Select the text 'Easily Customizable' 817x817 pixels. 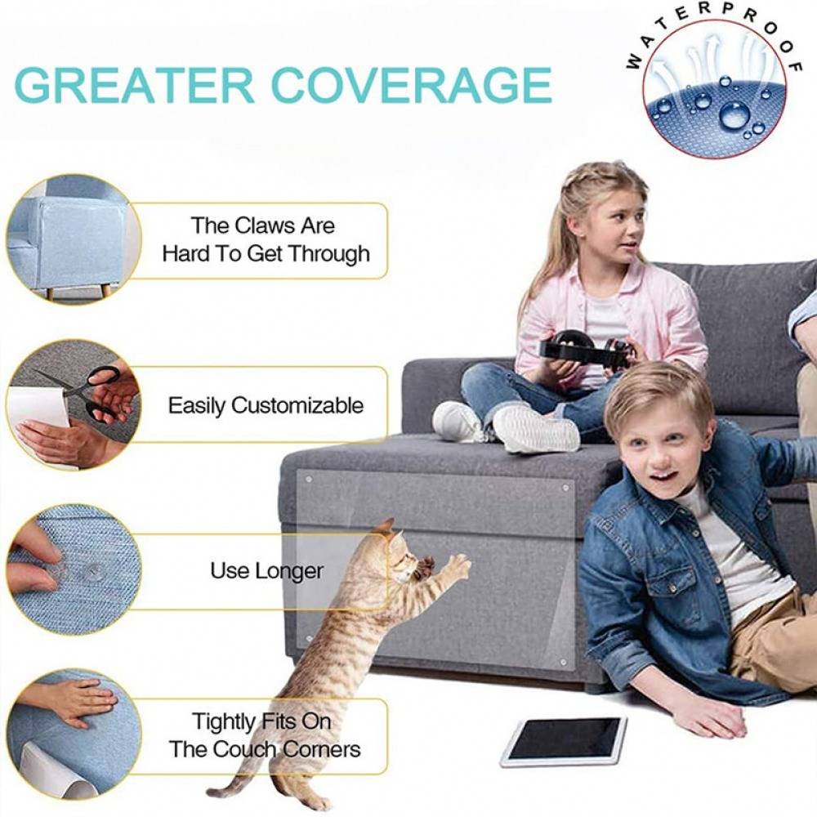(x=266, y=405)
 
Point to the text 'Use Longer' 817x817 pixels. (x=266, y=570)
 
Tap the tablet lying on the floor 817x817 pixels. (x=564, y=740)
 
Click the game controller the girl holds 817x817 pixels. (x=585, y=346)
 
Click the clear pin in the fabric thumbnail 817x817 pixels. (x=93, y=571)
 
